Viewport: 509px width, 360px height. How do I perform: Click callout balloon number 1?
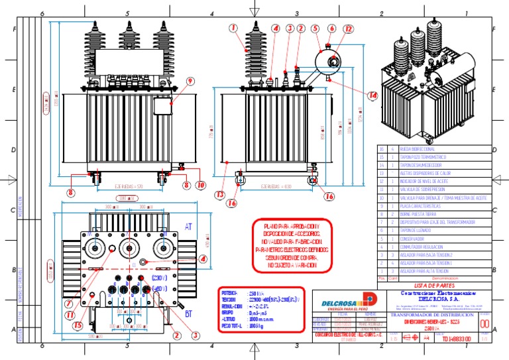[233, 28]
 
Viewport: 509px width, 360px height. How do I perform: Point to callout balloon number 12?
[349, 29]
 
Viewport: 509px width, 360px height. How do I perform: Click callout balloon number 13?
[219, 194]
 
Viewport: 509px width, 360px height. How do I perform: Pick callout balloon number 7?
[69, 304]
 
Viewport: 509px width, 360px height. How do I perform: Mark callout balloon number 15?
[78, 325]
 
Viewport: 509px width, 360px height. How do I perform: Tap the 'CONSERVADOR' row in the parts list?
[419, 238]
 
